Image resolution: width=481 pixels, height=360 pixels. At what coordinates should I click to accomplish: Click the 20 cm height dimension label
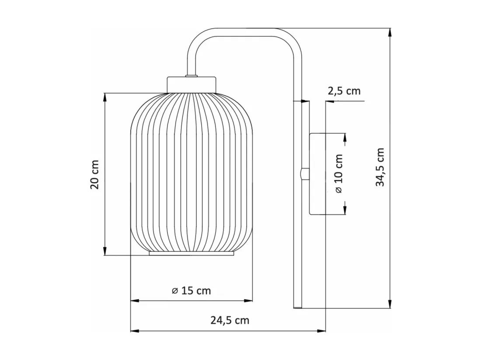point(95,174)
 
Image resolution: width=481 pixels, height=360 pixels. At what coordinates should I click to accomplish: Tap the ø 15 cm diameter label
point(192,291)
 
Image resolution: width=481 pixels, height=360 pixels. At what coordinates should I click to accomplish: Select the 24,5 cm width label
point(230,320)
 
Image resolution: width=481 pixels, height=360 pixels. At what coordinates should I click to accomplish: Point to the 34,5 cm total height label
point(380,167)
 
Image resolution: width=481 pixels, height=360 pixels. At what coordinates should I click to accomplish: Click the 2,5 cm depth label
point(344,91)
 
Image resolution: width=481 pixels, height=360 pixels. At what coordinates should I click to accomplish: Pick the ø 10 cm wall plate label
point(338,174)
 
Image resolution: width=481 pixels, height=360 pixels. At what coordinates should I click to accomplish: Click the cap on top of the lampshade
point(192,85)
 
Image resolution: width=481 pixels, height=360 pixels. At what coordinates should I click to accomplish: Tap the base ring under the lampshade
point(192,253)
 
